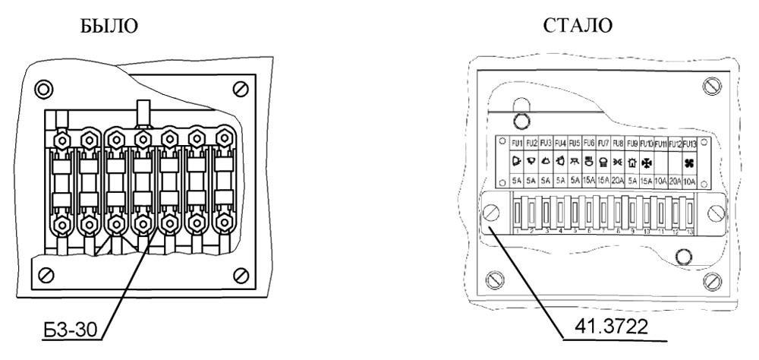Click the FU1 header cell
[517, 143]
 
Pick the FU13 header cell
[688, 143]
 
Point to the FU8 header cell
[617, 143]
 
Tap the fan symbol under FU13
[688, 163]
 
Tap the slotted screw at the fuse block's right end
[715, 212]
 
